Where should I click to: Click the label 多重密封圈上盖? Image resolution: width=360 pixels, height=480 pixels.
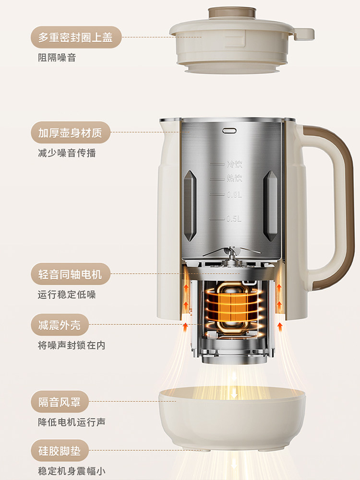(76, 37)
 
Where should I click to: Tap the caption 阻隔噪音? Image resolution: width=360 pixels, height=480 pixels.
(57, 58)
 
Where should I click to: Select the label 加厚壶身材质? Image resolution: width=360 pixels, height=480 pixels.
(70, 132)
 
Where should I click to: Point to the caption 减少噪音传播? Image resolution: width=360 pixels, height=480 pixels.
(67, 153)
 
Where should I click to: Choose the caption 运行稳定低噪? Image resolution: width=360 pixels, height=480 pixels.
(67, 295)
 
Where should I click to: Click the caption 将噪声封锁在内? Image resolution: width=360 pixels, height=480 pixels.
(72, 346)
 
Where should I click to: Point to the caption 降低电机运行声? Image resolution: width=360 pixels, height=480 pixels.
(72, 422)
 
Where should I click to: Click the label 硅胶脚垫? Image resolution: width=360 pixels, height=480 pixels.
(60, 451)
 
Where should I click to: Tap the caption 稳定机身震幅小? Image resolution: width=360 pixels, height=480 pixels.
(72, 471)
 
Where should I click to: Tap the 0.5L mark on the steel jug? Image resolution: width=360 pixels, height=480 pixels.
(234, 219)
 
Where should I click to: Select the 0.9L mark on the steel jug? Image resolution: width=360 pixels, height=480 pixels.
(234, 195)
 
